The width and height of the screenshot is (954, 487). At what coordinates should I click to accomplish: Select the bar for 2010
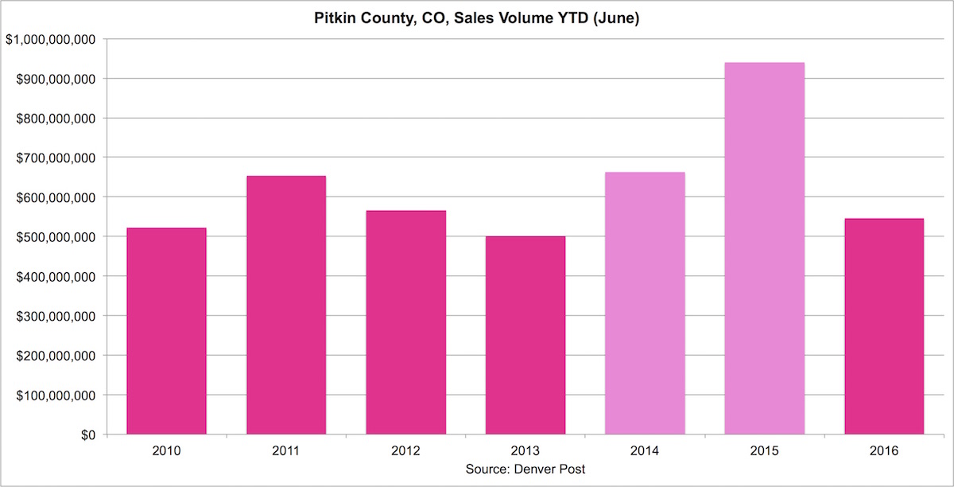pos(167,331)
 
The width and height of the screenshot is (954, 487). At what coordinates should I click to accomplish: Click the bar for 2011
pos(286,305)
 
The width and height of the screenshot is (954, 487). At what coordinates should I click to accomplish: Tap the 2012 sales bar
pos(405,322)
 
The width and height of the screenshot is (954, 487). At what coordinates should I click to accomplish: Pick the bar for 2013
pos(525,335)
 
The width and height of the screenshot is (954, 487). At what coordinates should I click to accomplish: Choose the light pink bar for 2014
pos(645,303)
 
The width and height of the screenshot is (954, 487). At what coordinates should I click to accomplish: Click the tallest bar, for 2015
pos(764,248)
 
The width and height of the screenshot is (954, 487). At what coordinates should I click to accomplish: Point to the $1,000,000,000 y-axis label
pos(51,40)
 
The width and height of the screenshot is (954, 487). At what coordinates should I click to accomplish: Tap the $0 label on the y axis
pos(87,434)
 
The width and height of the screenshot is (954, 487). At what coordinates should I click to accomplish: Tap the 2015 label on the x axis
pos(764,451)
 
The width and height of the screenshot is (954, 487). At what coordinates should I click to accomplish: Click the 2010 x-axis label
pos(167,451)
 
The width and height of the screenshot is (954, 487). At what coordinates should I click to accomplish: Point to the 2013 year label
pos(525,451)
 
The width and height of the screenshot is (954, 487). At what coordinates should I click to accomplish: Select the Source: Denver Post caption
pos(525,469)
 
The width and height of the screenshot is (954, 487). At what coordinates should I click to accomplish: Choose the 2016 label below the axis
pos(884,451)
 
